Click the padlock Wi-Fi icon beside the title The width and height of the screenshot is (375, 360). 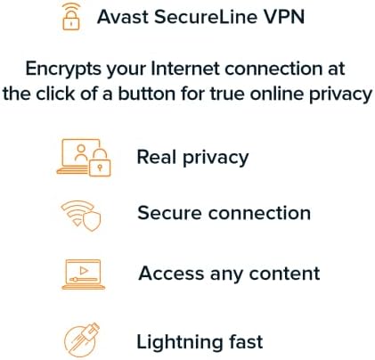click(x=71, y=17)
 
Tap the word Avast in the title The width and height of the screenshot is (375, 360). click(x=123, y=17)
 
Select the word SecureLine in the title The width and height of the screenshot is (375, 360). click(x=206, y=17)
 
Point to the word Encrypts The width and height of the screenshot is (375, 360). click(x=63, y=70)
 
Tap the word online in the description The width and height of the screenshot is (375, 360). click(x=277, y=94)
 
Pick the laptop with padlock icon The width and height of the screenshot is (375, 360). click(x=84, y=158)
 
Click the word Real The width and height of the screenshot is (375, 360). click(x=157, y=157)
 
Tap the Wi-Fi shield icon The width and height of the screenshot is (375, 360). click(x=81, y=216)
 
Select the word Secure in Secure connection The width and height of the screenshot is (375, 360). click(x=169, y=213)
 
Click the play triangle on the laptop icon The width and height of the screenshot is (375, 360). click(x=84, y=271)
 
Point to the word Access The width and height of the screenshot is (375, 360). click(x=171, y=274)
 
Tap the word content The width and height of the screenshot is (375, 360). click(x=284, y=274)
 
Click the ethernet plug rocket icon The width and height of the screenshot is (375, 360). click(x=82, y=340)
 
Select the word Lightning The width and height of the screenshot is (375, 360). click(x=179, y=343)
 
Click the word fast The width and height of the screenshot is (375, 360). click(x=246, y=341)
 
